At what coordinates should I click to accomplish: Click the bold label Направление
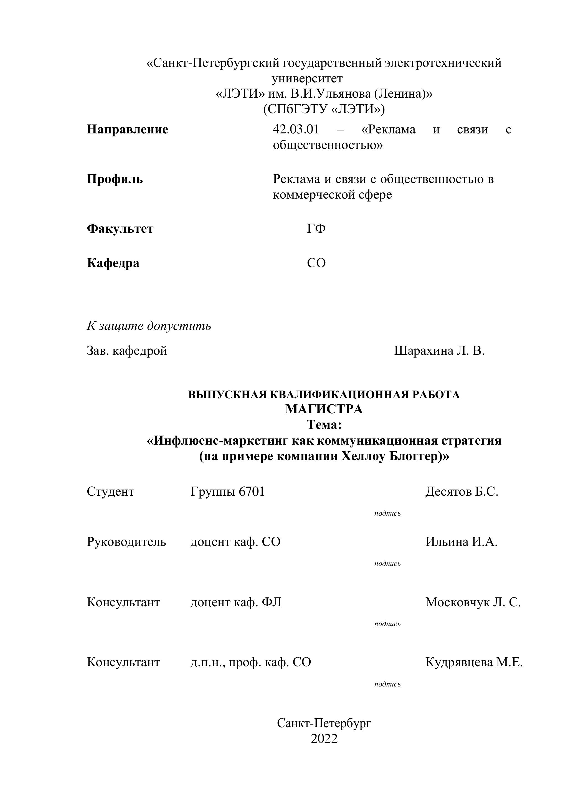[128, 130]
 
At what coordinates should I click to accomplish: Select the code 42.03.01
[296, 130]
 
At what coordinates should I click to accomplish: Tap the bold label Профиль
[115, 179]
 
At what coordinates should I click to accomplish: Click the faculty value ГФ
[316, 229]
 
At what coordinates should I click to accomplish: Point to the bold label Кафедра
[113, 263]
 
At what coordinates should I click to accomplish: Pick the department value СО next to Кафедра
[316, 263]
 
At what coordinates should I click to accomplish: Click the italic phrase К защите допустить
[149, 326]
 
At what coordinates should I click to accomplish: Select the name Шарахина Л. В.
[439, 351]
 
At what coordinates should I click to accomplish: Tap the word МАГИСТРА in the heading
[324, 409]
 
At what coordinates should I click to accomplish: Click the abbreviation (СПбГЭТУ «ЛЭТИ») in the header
[324, 109]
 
